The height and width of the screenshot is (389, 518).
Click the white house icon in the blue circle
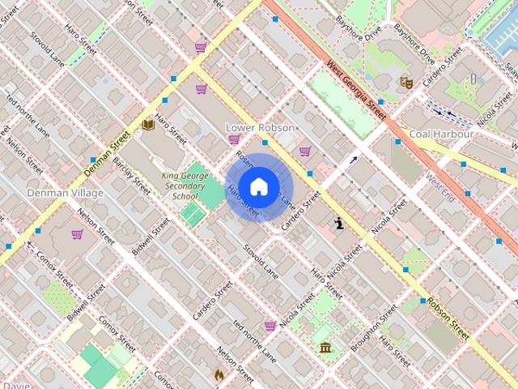tap(258, 187)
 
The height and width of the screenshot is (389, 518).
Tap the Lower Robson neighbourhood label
tap(260, 128)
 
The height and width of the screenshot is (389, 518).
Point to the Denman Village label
tap(65, 194)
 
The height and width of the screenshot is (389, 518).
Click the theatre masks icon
tap(406, 82)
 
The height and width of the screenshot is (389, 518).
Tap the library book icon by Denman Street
tap(147, 126)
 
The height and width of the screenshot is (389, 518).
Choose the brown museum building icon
tap(325, 348)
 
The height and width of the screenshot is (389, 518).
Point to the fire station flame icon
tap(219, 374)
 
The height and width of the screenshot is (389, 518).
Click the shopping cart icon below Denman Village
tap(77, 234)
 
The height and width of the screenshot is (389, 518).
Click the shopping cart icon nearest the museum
tap(270, 325)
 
